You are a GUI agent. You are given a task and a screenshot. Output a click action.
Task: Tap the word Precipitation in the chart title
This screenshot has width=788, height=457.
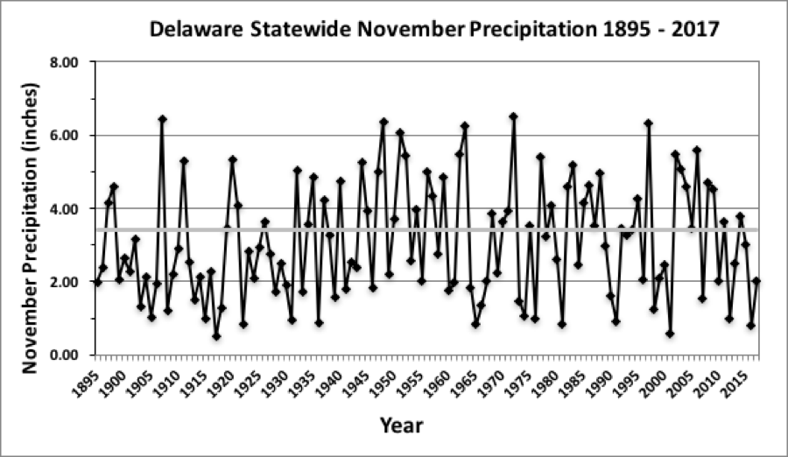(x=533, y=30)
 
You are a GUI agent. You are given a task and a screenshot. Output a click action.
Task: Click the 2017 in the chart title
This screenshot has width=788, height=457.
(x=698, y=30)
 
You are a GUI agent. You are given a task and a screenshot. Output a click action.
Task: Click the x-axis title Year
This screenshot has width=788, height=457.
(x=401, y=426)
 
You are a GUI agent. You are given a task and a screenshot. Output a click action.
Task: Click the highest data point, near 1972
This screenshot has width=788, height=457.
(x=513, y=116)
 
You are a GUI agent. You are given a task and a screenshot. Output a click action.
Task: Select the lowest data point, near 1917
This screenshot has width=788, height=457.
(x=216, y=336)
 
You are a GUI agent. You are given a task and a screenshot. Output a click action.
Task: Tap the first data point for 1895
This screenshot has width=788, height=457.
(x=97, y=282)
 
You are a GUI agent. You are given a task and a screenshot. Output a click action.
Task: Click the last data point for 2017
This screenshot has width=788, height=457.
(x=756, y=281)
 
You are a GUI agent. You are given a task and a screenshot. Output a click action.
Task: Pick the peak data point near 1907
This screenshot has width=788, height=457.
(x=162, y=119)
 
